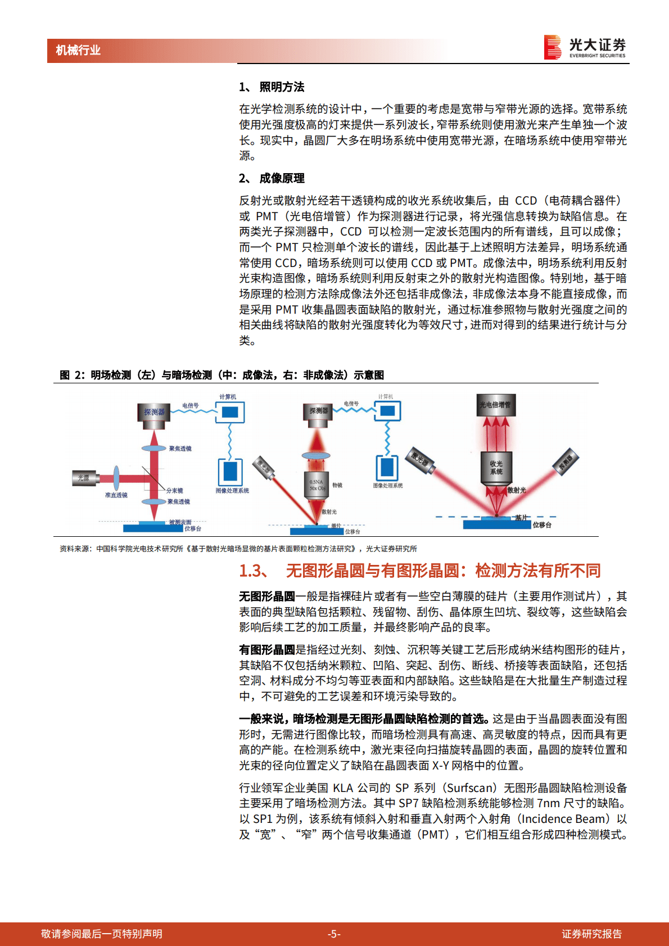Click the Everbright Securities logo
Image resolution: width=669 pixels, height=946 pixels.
pos(585,47)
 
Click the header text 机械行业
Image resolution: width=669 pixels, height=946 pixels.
pos(78,50)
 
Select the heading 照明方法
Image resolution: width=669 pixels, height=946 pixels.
pos(282,87)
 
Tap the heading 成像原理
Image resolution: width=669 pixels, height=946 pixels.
pos(282,178)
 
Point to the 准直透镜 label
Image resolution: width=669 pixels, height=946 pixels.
pos(116,495)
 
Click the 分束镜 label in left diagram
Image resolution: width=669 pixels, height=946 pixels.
pos(175,491)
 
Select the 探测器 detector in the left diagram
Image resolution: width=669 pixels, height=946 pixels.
pos(154,412)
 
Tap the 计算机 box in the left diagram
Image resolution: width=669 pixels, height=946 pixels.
pos(230,412)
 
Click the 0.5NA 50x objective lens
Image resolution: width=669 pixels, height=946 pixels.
pos(317,485)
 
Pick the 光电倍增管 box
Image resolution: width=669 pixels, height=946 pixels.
pos(495,405)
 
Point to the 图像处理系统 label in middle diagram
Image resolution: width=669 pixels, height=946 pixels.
pos(388,486)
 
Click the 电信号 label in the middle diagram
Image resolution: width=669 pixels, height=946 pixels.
pos(351,404)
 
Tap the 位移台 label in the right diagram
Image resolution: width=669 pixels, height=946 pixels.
pos(542,525)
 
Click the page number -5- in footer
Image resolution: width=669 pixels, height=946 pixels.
pos(334,934)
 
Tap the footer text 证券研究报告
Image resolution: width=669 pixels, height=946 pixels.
pos(591,934)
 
